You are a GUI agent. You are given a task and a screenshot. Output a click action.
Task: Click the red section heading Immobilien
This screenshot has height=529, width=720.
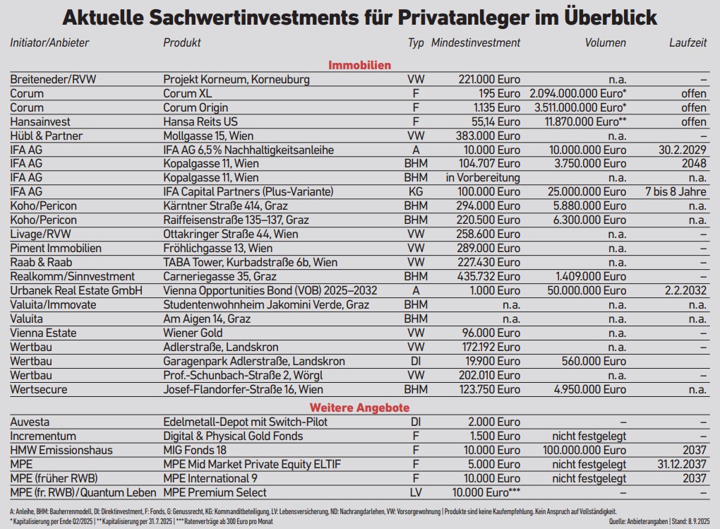coord(359,66)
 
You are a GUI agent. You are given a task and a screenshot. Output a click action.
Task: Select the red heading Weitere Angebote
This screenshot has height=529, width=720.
coord(359,408)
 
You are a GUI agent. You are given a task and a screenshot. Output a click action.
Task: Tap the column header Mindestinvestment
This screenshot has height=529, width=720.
coord(476,42)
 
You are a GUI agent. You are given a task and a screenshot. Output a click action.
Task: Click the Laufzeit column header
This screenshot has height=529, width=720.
coord(688,42)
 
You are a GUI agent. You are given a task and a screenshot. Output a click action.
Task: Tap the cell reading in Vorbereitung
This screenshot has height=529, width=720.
coord(483,178)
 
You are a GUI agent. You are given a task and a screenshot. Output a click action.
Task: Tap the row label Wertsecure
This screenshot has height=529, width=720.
coord(40,389)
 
